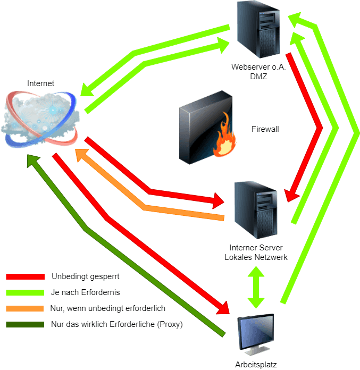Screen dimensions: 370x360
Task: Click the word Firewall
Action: (265, 129)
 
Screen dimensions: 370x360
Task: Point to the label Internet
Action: (40, 83)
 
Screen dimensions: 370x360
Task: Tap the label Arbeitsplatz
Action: (256, 364)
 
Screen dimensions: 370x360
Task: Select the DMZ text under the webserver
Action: (257, 76)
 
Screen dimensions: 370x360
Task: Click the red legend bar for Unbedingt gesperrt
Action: (25, 276)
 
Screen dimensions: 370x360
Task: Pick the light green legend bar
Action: (25, 292)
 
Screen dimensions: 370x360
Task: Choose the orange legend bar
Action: (25, 308)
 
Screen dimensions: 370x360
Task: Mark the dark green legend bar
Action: (25, 324)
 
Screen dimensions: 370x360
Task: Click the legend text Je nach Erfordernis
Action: (86, 292)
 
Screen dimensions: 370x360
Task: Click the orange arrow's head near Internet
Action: (81, 154)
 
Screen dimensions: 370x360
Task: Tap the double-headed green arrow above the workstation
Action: (257, 287)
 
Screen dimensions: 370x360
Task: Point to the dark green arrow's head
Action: (33, 160)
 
